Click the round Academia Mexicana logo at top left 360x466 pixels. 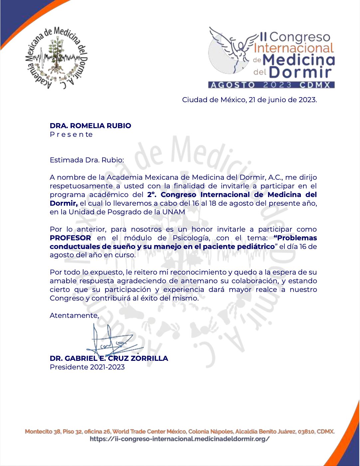tap(56, 57)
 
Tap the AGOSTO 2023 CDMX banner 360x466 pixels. tap(271, 85)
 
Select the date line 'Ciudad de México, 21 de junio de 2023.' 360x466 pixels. tap(249, 100)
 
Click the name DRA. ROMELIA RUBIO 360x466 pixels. tap(90, 126)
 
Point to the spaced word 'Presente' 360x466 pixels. tap(71, 134)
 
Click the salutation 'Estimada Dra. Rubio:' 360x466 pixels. tap(87, 160)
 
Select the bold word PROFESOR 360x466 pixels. tap(71, 238)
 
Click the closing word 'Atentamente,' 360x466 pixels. tap(74, 316)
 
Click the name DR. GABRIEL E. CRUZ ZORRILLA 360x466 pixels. tap(109, 358)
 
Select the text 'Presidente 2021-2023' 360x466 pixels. tap(87, 367)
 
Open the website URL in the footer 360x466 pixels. tap(180, 439)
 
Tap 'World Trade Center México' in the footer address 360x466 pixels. tap(149, 432)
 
